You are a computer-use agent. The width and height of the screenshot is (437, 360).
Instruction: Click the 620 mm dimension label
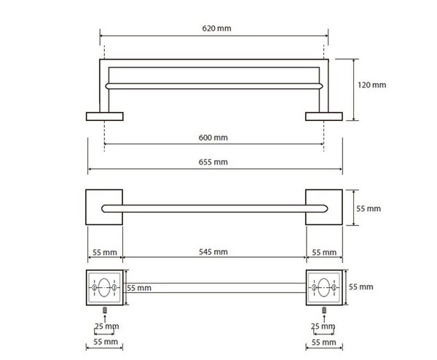216,28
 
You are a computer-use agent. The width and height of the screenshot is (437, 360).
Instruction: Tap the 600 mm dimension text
213,138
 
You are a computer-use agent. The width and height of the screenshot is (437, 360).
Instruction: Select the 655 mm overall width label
213,162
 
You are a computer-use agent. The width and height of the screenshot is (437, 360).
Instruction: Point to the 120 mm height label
372,85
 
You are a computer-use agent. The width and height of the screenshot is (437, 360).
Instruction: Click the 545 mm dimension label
213,252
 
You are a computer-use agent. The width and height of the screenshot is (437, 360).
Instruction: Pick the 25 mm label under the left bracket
107,326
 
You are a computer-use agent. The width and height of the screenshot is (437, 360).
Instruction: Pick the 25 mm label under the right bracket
323,326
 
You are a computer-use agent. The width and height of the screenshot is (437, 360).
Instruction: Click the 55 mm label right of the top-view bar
369,208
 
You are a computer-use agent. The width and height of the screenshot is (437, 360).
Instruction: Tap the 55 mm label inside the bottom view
139,288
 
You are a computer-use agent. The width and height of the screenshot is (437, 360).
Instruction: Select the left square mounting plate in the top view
104,207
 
